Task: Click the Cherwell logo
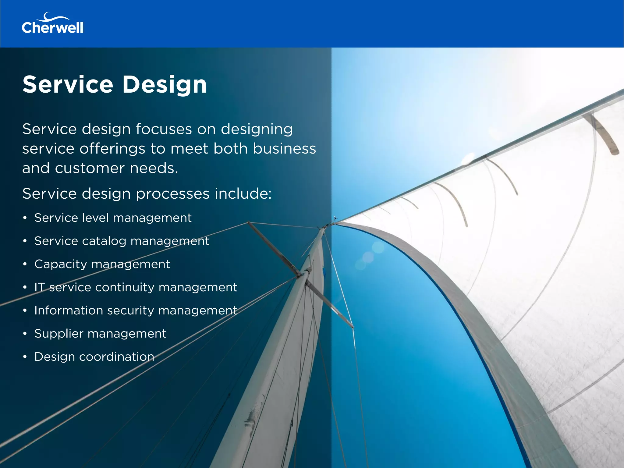click(52, 24)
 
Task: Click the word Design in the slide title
click(165, 85)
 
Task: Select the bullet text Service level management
click(113, 218)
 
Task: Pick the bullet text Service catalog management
click(122, 241)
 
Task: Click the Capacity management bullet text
click(102, 264)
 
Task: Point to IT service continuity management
click(136, 287)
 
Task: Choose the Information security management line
click(136, 310)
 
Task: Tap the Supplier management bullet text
click(100, 334)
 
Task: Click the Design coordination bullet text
click(94, 357)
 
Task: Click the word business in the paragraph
click(284, 149)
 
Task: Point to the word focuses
click(164, 129)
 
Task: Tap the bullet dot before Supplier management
click(25, 334)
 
